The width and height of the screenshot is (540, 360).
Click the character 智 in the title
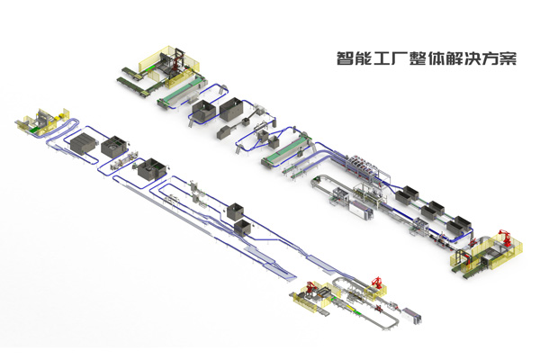tap(345, 58)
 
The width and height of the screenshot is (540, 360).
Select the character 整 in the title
tap(417, 58)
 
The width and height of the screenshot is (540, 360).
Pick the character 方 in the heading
tap(490, 58)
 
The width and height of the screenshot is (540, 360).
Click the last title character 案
tap(508, 58)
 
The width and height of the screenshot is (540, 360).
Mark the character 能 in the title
tap(363, 58)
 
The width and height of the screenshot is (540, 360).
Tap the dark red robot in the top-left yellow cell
tap(176, 62)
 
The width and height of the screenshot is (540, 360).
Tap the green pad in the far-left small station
tap(32, 130)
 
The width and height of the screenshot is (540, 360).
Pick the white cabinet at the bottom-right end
tap(412, 315)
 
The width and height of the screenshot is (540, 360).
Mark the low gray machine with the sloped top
tap(224, 131)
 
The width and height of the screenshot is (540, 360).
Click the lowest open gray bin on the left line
tap(244, 228)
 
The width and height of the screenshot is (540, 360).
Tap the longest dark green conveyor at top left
tap(132, 86)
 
